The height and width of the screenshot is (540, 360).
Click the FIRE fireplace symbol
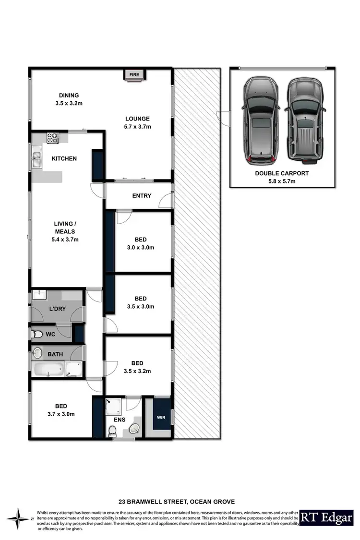coord(134,75)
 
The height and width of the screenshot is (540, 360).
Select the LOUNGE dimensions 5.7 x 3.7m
coord(138,127)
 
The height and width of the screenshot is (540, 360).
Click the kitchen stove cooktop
coord(52,137)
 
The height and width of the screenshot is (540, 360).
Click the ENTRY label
coord(142,195)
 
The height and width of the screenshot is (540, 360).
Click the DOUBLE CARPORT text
coord(282,173)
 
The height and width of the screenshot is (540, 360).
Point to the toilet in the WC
coord(36,334)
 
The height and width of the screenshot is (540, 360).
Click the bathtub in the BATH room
coord(48,370)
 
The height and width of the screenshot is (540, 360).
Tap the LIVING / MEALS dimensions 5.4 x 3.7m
coord(64,239)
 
